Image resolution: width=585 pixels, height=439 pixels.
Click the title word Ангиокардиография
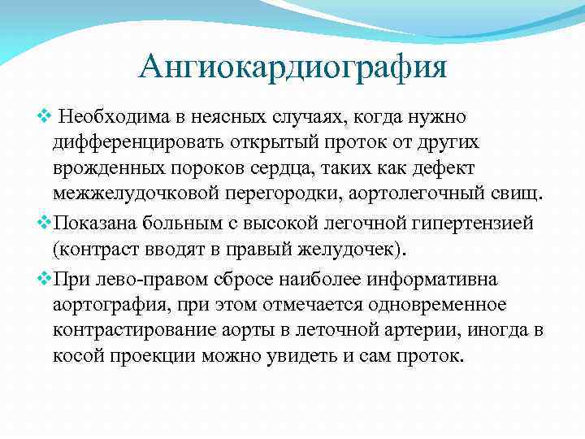292,66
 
